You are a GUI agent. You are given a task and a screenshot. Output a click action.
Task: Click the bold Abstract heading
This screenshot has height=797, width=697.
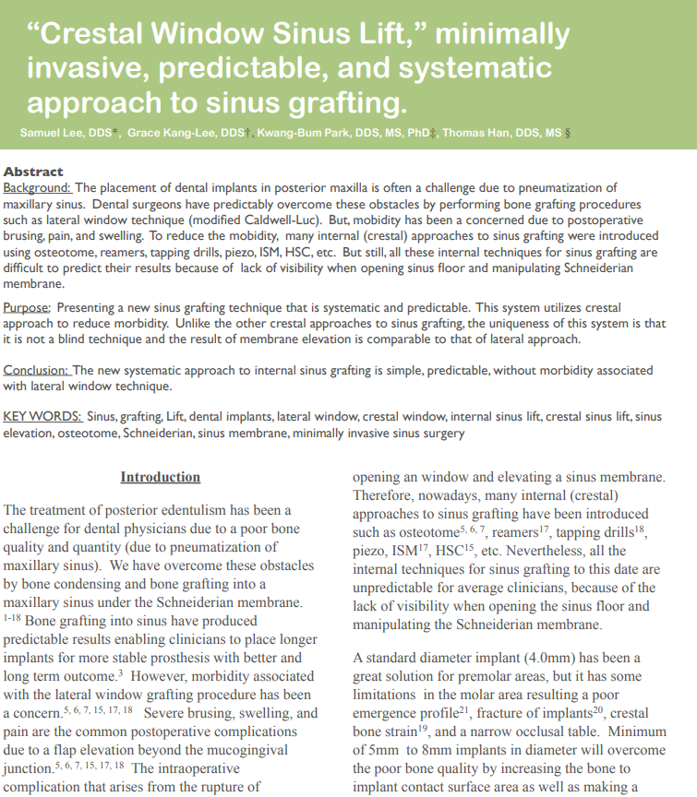point(33,172)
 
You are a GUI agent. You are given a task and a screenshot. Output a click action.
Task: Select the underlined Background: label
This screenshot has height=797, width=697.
point(43,187)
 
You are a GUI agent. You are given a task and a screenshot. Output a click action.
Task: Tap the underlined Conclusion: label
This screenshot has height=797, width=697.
point(38,371)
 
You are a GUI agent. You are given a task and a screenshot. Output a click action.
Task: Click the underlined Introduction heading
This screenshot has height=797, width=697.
point(160,477)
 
